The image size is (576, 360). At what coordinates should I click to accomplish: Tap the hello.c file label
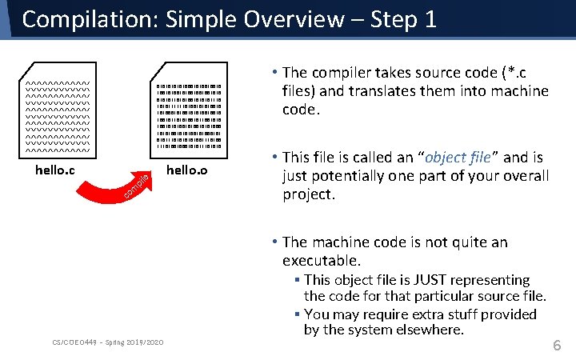click(x=55, y=170)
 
